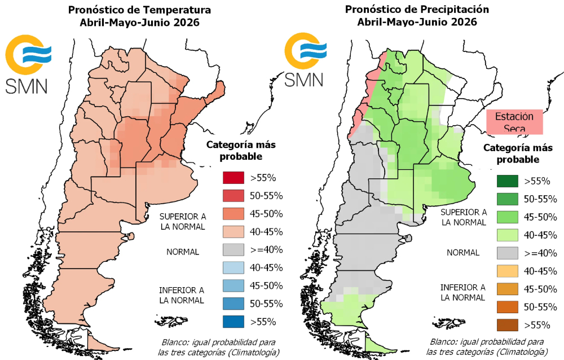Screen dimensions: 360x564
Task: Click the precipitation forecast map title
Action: click(x=417, y=16)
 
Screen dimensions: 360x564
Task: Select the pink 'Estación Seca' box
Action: click(x=514, y=122)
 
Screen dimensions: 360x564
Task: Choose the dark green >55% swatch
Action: click(x=507, y=181)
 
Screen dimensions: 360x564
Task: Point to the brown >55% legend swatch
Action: click(x=507, y=325)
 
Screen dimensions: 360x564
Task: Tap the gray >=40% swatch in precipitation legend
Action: click(x=507, y=253)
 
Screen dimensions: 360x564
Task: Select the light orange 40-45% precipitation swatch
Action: click(x=507, y=271)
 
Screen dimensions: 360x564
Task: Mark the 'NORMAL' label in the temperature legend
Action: click(x=183, y=252)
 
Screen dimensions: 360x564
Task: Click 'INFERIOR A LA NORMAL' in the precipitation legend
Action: click(x=463, y=292)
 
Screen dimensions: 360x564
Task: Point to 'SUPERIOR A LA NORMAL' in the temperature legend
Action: click(x=182, y=222)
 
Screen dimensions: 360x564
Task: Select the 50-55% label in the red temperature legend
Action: click(x=259, y=196)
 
